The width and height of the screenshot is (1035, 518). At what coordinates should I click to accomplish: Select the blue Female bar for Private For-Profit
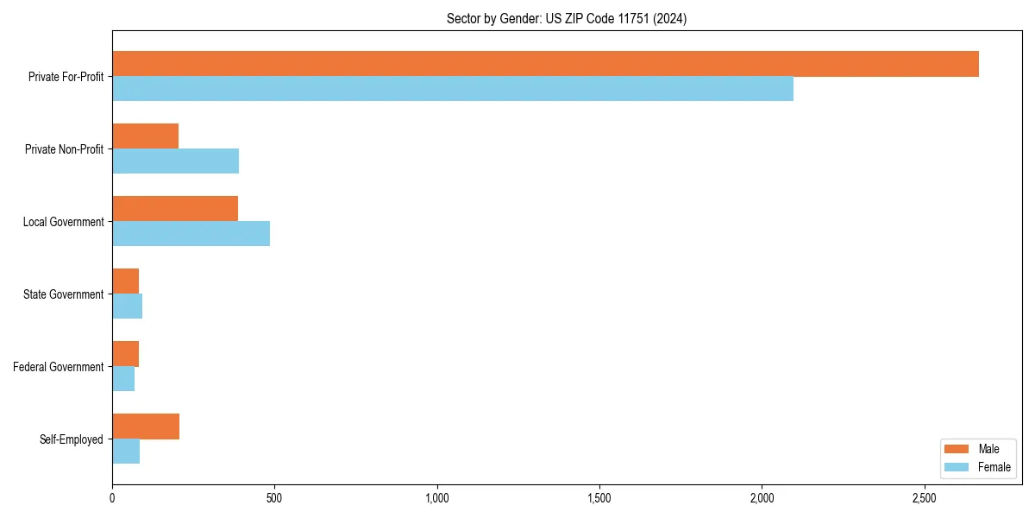(x=453, y=88)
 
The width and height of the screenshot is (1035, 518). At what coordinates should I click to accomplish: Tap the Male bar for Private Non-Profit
(x=145, y=136)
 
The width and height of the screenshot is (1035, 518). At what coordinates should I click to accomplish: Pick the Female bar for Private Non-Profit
(x=175, y=161)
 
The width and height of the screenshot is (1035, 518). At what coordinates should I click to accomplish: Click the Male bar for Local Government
(x=175, y=209)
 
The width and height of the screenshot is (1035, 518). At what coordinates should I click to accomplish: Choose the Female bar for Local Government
(x=191, y=233)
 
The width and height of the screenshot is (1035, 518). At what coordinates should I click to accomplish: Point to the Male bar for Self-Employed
(x=146, y=426)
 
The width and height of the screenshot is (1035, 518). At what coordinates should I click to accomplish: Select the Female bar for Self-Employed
(x=126, y=451)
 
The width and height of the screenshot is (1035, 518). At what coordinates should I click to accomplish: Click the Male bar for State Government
(x=125, y=281)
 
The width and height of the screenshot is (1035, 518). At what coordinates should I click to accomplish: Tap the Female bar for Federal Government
(x=123, y=378)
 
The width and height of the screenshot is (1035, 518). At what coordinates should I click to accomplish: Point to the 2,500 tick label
(x=924, y=498)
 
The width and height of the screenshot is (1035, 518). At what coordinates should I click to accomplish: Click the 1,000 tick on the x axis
(x=437, y=498)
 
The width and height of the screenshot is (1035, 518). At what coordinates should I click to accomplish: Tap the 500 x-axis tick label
(x=274, y=498)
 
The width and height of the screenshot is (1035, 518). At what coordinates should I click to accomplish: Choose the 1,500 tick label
(x=599, y=498)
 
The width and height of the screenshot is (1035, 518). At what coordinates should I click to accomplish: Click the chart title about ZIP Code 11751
(x=567, y=19)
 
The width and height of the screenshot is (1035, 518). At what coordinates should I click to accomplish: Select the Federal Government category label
(x=59, y=367)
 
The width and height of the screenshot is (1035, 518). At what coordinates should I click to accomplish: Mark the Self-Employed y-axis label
(x=72, y=439)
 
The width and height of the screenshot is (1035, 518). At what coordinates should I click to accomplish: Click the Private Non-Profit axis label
(x=64, y=149)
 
